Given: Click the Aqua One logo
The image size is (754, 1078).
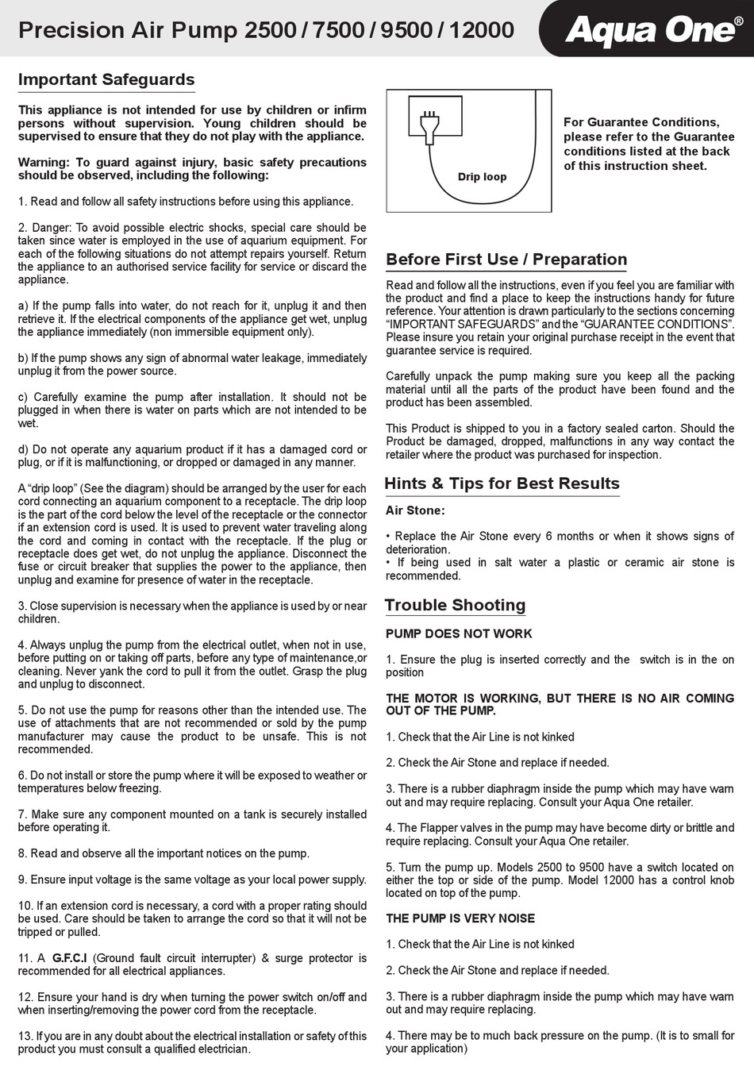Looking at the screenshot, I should [x=648, y=30].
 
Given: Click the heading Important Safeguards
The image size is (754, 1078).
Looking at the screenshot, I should [x=106, y=79].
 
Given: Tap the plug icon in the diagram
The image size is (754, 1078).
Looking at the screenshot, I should [x=430, y=126].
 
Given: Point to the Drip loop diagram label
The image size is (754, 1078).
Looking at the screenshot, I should [x=482, y=177].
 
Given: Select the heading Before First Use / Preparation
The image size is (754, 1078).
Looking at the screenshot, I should [x=506, y=260].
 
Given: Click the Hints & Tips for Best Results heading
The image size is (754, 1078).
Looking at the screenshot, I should [x=502, y=483].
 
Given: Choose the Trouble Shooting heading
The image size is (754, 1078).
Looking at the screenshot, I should [x=456, y=606].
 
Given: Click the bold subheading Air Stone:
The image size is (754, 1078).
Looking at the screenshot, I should [x=415, y=510].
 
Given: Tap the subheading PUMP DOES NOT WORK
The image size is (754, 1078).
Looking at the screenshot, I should [x=459, y=633].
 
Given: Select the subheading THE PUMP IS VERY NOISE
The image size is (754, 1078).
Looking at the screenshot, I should [x=460, y=918].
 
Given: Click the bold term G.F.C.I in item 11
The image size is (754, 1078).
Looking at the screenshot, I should [x=70, y=958].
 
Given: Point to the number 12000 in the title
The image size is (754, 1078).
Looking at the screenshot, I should [x=481, y=30].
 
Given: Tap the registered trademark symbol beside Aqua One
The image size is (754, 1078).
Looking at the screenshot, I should [x=738, y=21].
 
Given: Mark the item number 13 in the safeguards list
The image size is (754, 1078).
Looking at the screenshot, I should [x=25, y=1036].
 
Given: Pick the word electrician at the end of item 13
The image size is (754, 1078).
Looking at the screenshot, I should [x=222, y=1049].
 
